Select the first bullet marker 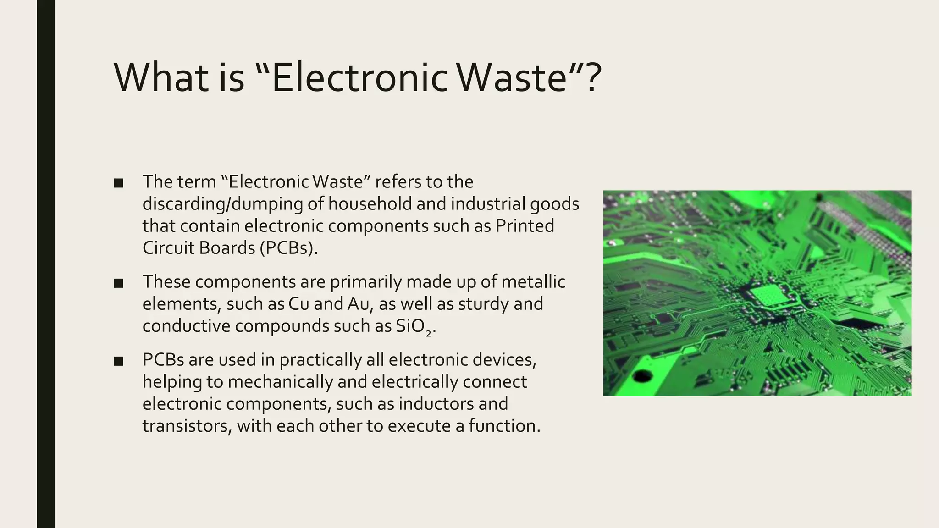pos(119,183)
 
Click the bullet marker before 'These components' pos(119,283)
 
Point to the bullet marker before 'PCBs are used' pos(119,361)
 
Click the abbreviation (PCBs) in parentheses pos(288,248)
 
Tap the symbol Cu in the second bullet pos(298,304)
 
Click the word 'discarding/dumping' pos(222,204)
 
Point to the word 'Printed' pos(525,226)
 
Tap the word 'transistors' pos(187,426)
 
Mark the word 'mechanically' pos(281,382)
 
